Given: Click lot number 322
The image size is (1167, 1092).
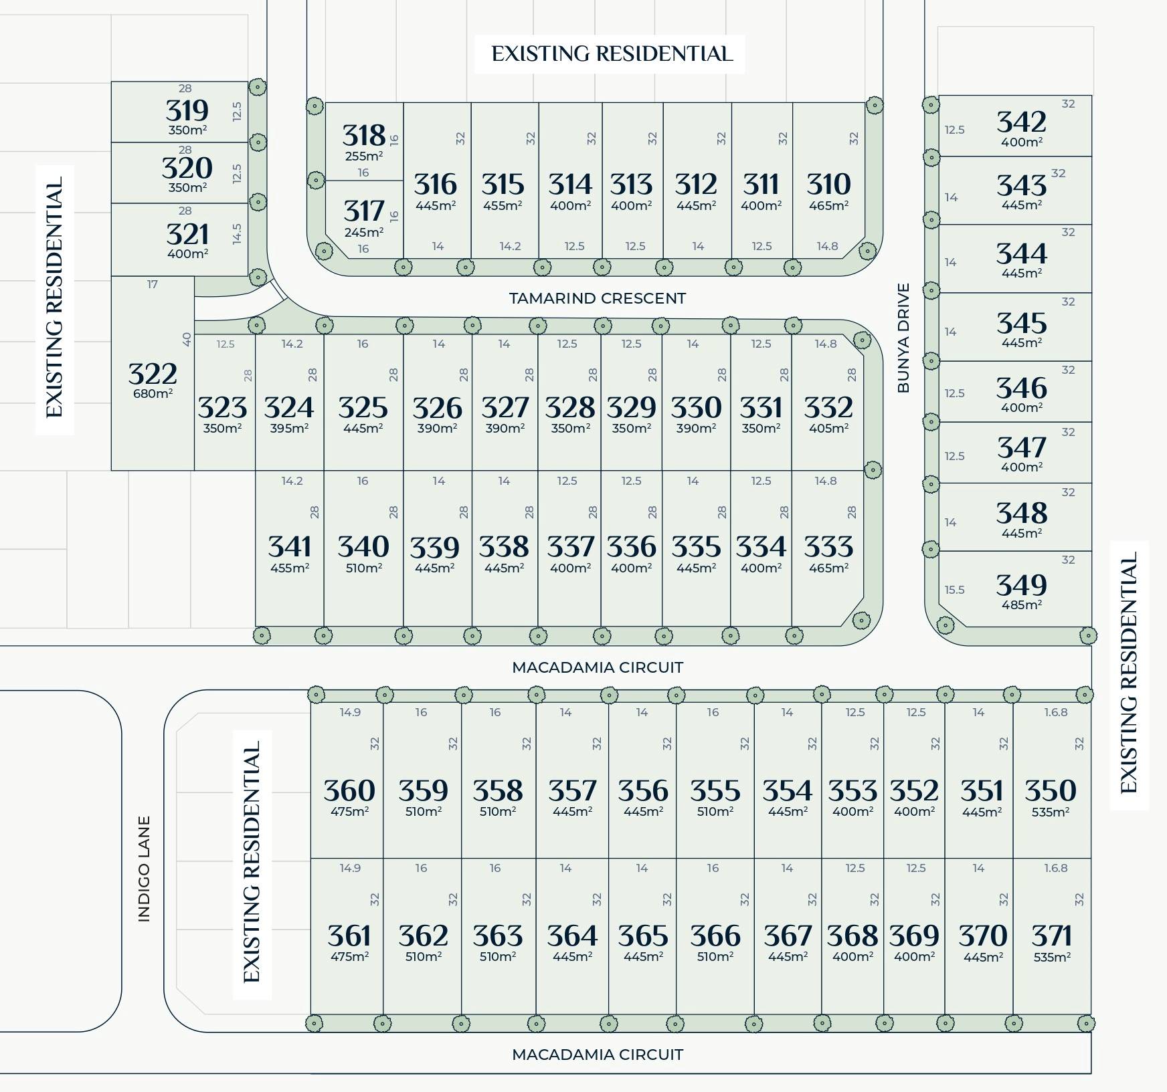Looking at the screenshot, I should click(x=153, y=374).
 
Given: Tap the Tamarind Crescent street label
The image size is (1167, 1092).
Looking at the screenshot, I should click(x=597, y=298).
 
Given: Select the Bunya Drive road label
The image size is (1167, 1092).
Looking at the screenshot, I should click(x=903, y=338).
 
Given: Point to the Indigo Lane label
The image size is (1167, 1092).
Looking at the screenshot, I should click(x=144, y=869).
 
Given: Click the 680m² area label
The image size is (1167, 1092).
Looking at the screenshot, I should click(x=153, y=393).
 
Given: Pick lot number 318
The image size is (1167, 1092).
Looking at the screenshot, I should click(x=363, y=136).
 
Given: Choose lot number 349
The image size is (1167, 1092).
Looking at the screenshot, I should click(x=1021, y=586).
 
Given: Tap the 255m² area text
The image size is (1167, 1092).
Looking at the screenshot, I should click(x=363, y=156).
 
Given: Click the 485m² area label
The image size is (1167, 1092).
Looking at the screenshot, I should click(x=1021, y=605).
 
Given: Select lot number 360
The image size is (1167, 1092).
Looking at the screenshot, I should click(x=349, y=791).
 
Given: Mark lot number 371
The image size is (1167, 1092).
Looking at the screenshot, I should click(x=1051, y=936).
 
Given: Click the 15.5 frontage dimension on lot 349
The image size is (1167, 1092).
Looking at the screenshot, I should click(x=954, y=590).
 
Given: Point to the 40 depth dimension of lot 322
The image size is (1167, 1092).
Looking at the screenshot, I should click(x=187, y=340).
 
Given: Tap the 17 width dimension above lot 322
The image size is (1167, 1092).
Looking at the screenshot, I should click(x=153, y=285).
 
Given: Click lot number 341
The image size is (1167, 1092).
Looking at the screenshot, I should click(x=289, y=547).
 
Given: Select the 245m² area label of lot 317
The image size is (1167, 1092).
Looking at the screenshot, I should click(x=363, y=232).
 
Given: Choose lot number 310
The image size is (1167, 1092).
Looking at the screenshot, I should click(x=828, y=185).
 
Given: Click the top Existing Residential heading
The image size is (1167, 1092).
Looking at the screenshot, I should click(x=612, y=54).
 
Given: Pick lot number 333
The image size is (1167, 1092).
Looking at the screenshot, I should click(x=828, y=547).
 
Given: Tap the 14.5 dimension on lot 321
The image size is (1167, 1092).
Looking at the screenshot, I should click(x=236, y=234).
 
